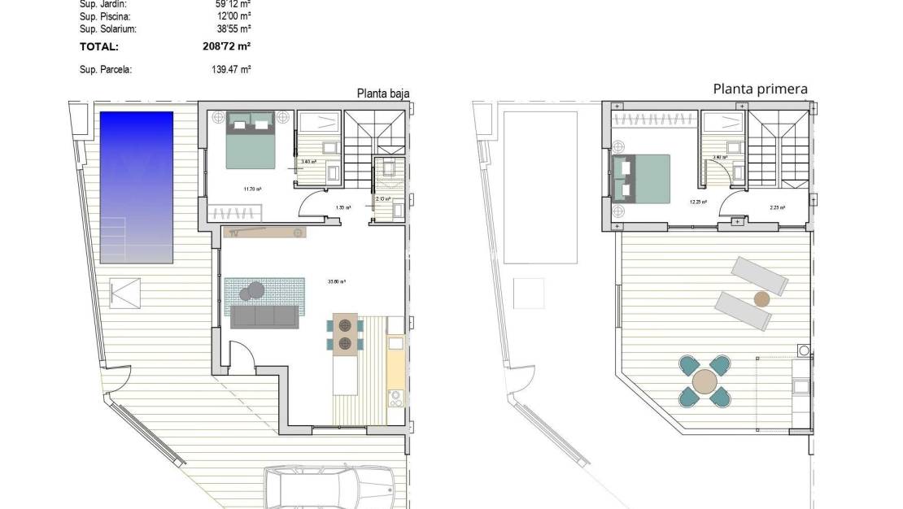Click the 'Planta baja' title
tap(382, 93)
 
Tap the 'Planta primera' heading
tap(760, 89)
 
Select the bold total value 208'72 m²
tap(227, 47)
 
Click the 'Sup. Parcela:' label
tap(106, 70)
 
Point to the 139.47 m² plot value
tap(231, 70)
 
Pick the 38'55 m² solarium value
tap(232, 28)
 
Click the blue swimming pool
tap(137, 187)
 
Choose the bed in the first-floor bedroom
tap(642, 178)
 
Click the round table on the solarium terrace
tap(705, 381)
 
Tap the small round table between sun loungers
tap(761, 298)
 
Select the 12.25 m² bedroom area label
tap(699, 202)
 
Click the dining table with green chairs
tap(345, 333)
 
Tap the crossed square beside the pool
tap(126, 293)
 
